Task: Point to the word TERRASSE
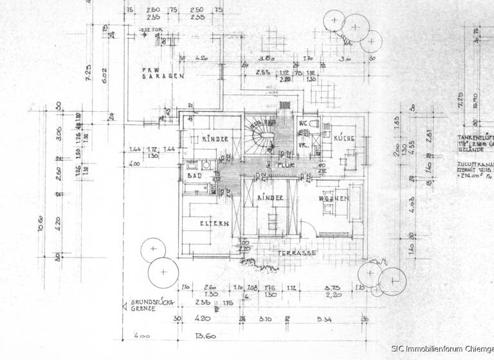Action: pyautogui.click(x=297, y=254)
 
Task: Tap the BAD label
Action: pyautogui.click(x=193, y=175)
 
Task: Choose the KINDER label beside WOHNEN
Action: pyautogui.click(x=271, y=199)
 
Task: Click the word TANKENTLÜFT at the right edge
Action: pyautogui.click(x=476, y=138)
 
